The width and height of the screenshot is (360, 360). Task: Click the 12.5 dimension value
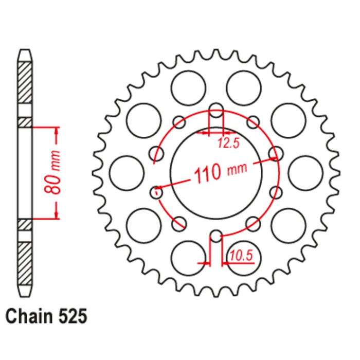click(228, 143)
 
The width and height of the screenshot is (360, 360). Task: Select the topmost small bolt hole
click(217, 111)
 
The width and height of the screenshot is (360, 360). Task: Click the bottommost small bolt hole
click(217, 236)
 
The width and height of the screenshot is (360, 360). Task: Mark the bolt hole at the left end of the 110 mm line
click(157, 192)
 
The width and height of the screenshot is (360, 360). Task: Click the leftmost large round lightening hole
click(127, 173)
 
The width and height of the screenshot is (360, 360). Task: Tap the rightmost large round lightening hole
click(305, 173)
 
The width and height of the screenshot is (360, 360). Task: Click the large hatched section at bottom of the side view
click(25, 267)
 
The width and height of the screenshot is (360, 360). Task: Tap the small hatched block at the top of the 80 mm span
click(25, 122)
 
